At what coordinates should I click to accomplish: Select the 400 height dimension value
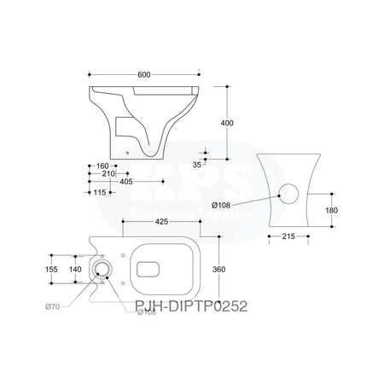[226, 123]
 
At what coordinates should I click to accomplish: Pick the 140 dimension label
[77, 269]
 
